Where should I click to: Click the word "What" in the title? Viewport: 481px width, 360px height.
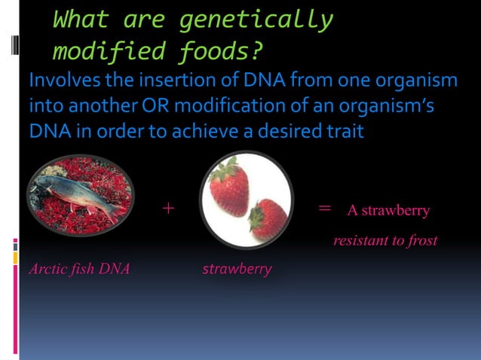click(80, 20)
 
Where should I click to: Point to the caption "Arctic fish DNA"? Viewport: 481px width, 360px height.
click(78, 269)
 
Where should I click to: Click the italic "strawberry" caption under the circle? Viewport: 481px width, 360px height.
click(237, 269)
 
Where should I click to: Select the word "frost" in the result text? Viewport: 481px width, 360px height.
click(420, 241)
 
